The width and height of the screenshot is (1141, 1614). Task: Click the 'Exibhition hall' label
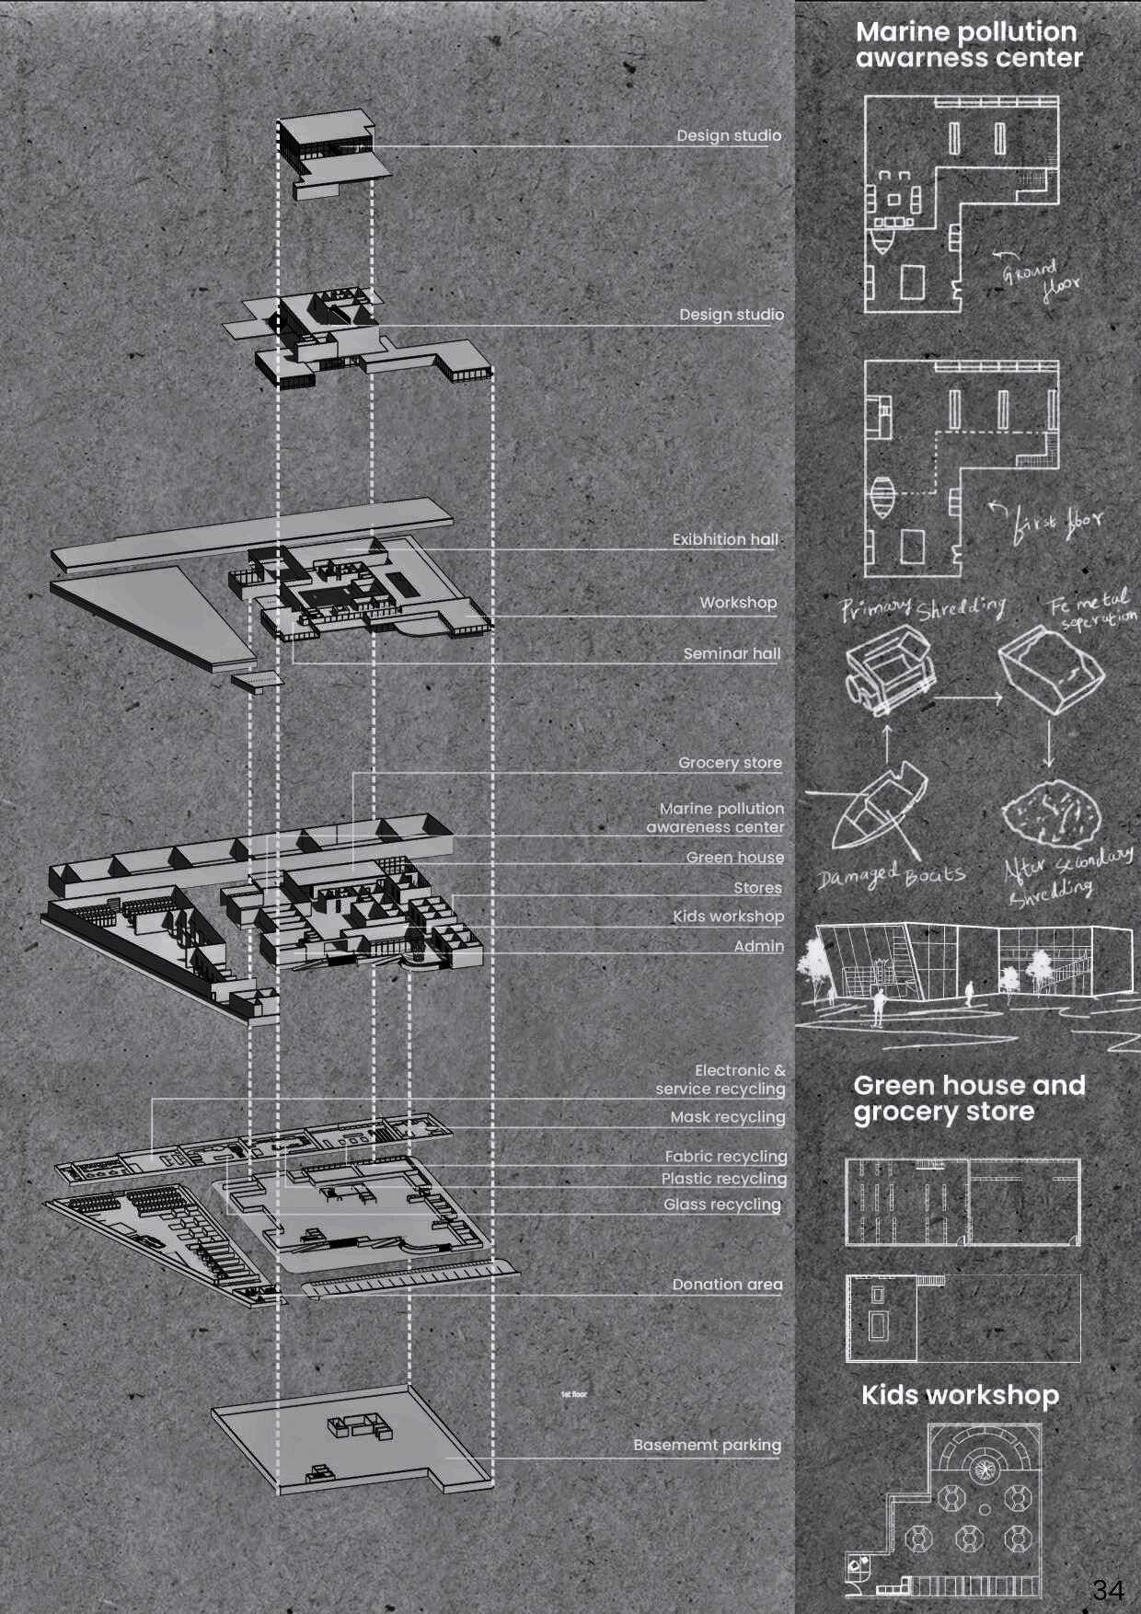(725, 540)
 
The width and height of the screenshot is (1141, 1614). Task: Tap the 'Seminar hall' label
(732, 653)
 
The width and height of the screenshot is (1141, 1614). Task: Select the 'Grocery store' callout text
(730, 763)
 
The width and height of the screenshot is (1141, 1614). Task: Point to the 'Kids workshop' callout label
(728, 917)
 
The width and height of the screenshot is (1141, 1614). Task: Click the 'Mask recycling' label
(727, 1117)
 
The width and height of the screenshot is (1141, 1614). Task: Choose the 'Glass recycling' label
(721, 1205)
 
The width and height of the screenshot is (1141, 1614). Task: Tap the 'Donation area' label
(727, 1285)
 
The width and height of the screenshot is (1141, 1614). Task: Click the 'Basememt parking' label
(707, 1446)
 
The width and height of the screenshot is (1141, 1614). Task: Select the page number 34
(1108, 1589)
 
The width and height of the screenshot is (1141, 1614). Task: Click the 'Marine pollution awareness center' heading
(968, 44)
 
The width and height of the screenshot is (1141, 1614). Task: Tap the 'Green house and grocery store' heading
(968, 1098)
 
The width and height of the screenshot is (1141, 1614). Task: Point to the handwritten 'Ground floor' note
(1038, 280)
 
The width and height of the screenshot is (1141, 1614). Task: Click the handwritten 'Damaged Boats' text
(891, 876)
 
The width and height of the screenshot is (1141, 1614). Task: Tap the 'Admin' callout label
(758, 946)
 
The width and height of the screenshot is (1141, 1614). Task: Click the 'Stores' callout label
(757, 888)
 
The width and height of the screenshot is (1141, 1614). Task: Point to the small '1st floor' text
(573, 1395)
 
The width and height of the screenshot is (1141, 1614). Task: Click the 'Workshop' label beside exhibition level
(738, 603)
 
